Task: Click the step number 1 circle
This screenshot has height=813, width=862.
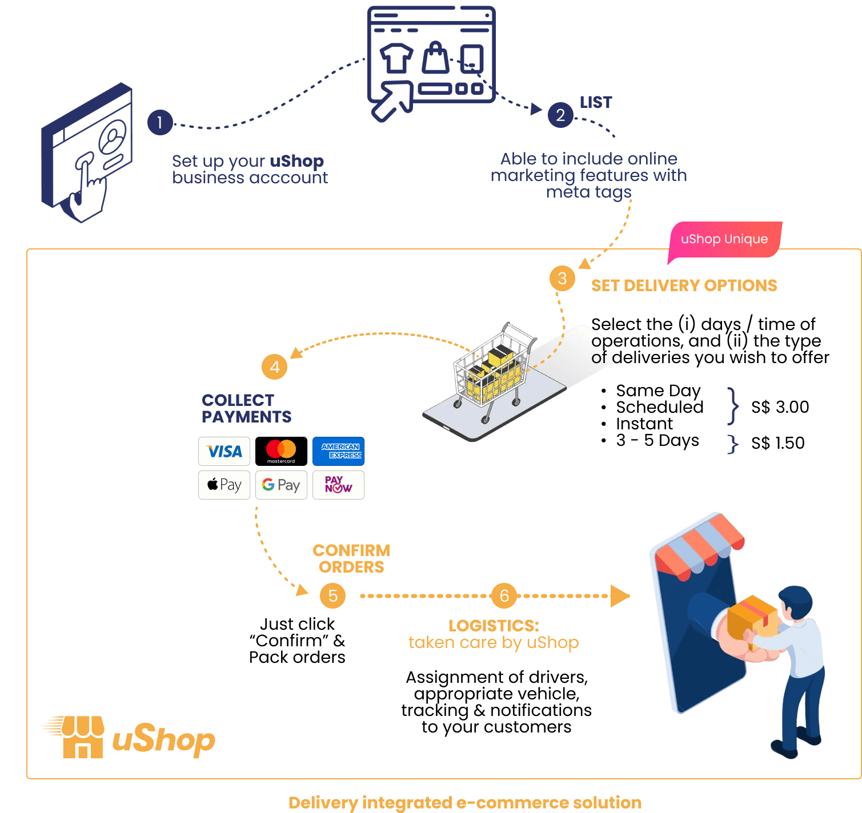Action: coord(160,122)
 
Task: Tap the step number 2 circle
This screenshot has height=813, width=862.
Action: coord(560,115)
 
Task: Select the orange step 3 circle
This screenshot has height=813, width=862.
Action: coord(562,279)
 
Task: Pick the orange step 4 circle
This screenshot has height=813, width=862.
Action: coord(274,367)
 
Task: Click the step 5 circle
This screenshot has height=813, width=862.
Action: coord(332,596)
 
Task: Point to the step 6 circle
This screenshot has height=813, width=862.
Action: coord(504,596)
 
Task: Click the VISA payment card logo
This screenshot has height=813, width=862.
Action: coord(224,452)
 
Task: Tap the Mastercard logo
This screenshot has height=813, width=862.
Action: coord(281,452)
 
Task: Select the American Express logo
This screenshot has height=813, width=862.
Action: coord(339,452)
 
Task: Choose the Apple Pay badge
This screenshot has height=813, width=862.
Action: coord(224,485)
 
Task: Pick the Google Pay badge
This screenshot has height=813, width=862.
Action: coord(281,485)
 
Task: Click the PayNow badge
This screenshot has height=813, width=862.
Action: coord(339,485)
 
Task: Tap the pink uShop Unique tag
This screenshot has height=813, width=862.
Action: coord(724,240)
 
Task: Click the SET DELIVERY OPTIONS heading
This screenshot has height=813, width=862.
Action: coord(684,285)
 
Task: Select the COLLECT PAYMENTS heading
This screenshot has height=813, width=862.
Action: coord(246,408)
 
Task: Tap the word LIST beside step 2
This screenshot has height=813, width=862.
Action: coord(596,103)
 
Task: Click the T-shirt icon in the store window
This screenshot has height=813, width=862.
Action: coord(396,58)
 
